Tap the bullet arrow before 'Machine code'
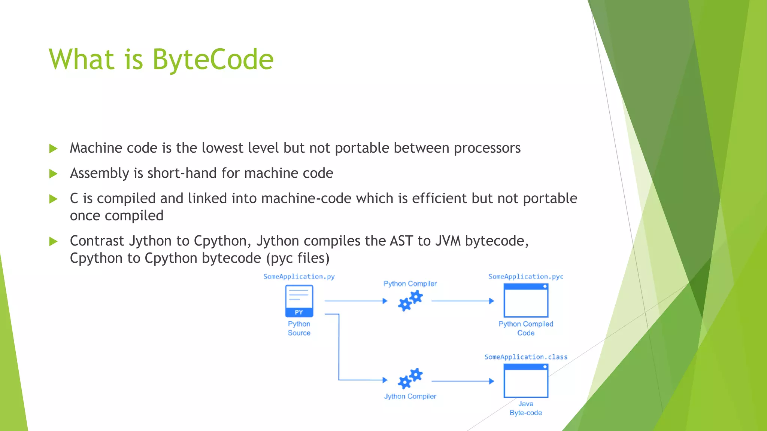pyautogui.click(x=54, y=149)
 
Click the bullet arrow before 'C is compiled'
pyautogui.click(x=54, y=199)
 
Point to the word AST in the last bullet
pyautogui.click(x=401, y=241)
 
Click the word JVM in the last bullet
pyautogui.click(x=448, y=241)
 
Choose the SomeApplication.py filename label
pyautogui.click(x=299, y=276)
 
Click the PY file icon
pyautogui.click(x=299, y=301)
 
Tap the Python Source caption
pyautogui.click(x=299, y=328)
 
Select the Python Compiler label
pyautogui.click(x=410, y=284)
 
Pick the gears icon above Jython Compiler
pyautogui.click(x=410, y=378)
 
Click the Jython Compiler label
pyautogui.click(x=410, y=396)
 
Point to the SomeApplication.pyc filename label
pyautogui.click(x=526, y=276)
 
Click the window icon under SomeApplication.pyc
pyautogui.click(x=526, y=300)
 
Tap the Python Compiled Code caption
pyautogui.click(x=526, y=328)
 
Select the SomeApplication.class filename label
pyautogui.click(x=526, y=357)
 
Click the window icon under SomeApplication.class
pyautogui.click(x=526, y=380)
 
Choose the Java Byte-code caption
pyautogui.click(x=526, y=408)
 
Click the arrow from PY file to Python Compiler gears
pyautogui.click(x=356, y=301)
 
